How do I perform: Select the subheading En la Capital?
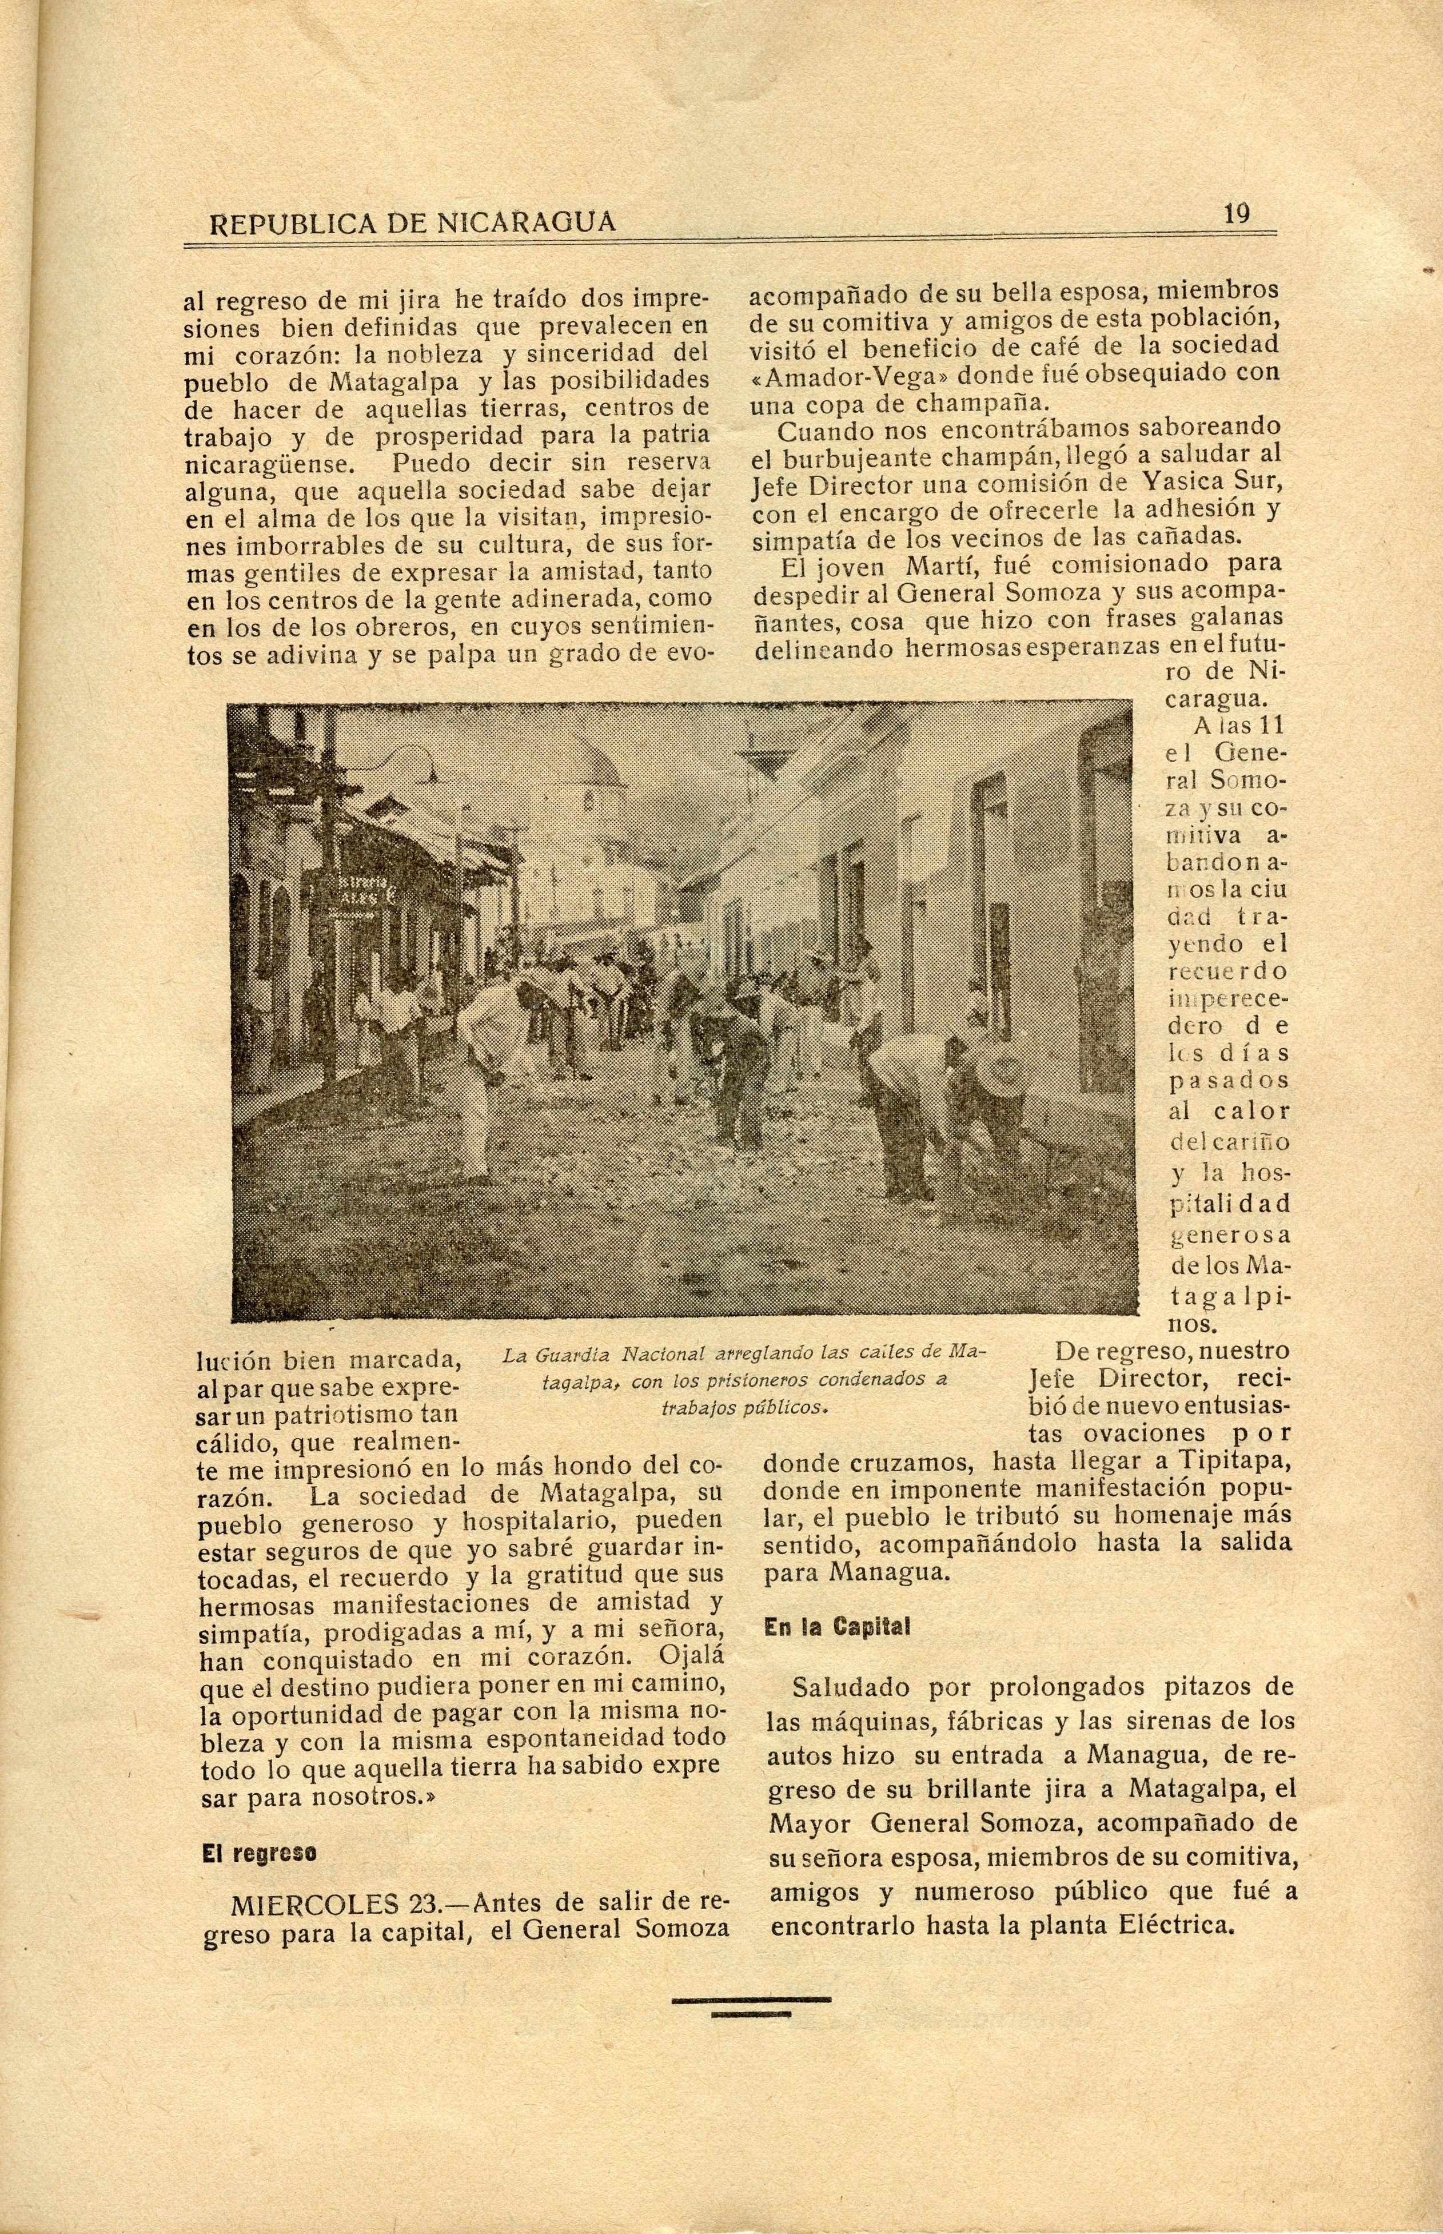pyautogui.click(x=837, y=1627)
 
